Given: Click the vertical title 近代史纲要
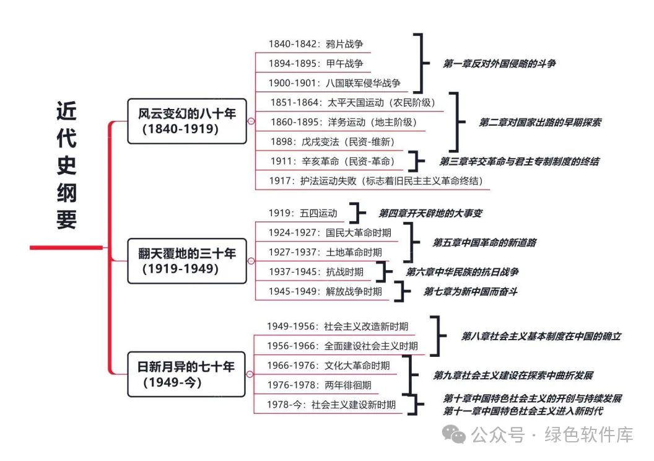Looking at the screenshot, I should tap(66, 165).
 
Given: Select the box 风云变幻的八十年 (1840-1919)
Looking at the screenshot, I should tap(186, 121).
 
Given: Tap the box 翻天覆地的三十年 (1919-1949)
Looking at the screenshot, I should tap(186, 261).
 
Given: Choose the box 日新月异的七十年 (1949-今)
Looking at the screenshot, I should tap(186, 374).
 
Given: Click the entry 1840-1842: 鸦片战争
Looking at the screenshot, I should tap(315, 44).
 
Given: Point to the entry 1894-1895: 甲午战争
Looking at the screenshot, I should tap(315, 63).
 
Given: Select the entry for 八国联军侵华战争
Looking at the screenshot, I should tap(334, 83).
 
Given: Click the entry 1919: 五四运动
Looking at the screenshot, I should tap(303, 213).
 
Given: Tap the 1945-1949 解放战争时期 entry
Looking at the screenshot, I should tap(325, 291).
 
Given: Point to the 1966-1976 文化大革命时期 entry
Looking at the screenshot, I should tap(328, 366).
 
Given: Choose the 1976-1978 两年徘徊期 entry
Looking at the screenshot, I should tap(319, 385).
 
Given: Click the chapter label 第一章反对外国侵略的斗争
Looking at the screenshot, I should tap(499, 63).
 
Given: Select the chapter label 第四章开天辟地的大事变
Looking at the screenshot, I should tap(430, 213).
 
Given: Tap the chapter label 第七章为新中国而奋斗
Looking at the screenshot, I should tap(470, 291).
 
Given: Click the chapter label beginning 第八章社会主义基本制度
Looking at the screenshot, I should tap(541, 336).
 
